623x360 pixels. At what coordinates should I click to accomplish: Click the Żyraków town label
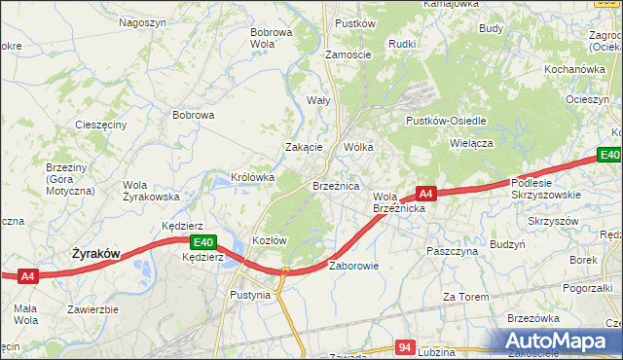(96, 254)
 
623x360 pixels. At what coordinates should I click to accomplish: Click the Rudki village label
(402, 44)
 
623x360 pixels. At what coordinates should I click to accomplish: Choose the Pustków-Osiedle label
(446, 121)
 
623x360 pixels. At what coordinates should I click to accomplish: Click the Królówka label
(252, 178)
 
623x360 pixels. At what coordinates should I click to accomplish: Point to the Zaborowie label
(353, 266)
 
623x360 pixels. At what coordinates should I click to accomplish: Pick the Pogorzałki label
(587, 289)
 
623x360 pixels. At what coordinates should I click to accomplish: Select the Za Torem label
(463, 296)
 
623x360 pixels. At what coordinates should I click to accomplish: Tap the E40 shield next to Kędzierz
(202, 242)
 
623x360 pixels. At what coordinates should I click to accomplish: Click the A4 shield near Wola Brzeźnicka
(425, 193)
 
